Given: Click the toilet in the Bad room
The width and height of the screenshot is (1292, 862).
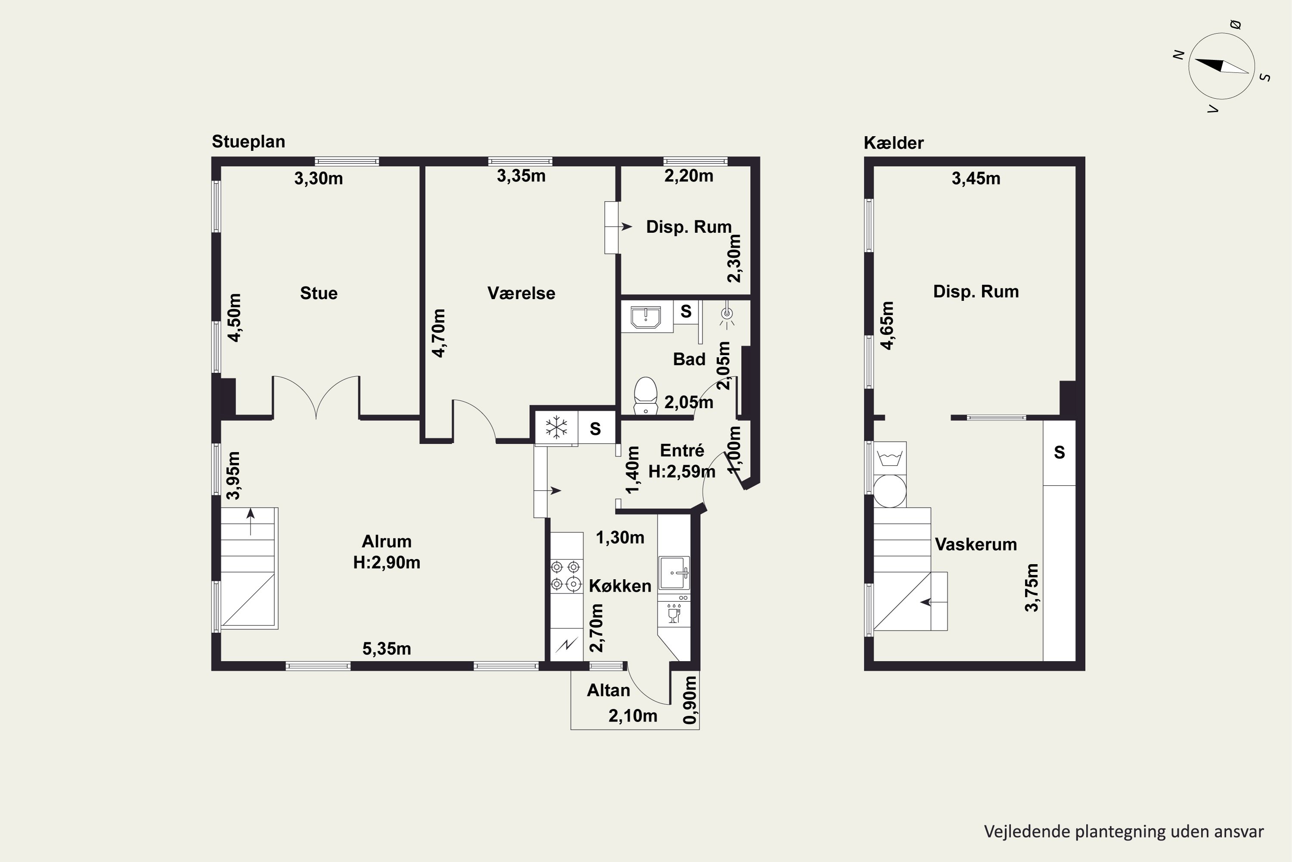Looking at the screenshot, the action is (646, 395).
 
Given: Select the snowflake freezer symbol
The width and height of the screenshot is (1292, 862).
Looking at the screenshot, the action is (556, 427).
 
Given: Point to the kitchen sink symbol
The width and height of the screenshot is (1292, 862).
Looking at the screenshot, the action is (674, 573).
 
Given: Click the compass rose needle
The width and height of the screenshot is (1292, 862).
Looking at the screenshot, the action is (1222, 66).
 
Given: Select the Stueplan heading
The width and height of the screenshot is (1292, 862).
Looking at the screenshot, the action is (248, 142).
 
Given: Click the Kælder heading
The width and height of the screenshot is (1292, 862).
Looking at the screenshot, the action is (894, 143).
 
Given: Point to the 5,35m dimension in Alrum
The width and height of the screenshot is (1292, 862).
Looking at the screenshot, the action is (387, 649).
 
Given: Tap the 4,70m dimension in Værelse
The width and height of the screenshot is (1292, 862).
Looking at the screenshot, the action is (438, 333).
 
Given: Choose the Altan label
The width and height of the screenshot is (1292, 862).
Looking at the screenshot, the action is (608, 690).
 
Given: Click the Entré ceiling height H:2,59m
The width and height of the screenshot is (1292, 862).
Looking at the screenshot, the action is (682, 472).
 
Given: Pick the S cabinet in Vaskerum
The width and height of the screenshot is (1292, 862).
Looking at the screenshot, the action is (1059, 453).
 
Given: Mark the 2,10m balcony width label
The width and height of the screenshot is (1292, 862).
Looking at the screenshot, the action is (633, 716).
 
